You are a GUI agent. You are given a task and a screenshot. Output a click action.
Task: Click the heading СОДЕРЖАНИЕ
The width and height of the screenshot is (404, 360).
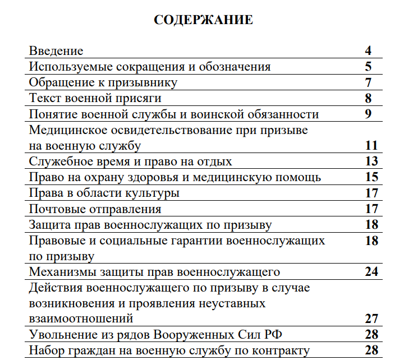[203, 21]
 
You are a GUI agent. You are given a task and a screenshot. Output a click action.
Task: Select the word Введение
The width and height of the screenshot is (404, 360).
[56, 51]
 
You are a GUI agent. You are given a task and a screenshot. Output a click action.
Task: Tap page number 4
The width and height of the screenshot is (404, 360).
[368, 51]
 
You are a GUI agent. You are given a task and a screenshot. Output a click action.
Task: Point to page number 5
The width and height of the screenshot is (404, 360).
[368, 67]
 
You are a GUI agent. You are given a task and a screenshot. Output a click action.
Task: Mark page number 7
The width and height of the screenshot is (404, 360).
[368, 83]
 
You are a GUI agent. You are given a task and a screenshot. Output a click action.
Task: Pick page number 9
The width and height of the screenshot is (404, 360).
[368, 114]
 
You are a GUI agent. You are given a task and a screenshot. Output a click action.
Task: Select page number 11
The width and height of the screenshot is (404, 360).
[371, 146]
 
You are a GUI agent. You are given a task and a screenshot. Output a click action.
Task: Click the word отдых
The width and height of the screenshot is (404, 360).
[214, 162]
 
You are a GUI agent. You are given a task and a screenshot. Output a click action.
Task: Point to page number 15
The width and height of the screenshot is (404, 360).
[371, 178]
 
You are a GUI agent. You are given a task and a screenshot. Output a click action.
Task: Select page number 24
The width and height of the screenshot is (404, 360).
[371, 273]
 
